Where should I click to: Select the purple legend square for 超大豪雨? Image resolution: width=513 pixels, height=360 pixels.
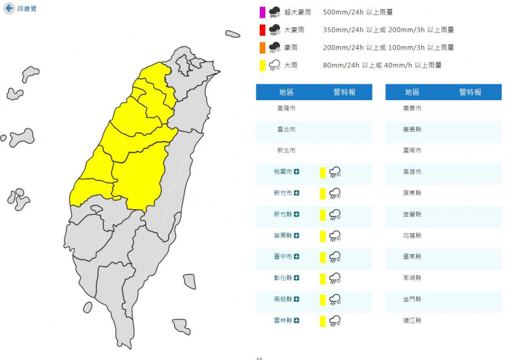pos(262,11)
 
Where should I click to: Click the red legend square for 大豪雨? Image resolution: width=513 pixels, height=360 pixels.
pos(262,29)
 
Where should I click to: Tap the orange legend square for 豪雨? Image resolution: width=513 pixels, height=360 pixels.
pos(262,47)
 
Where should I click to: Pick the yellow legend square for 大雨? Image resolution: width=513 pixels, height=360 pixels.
pos(262,65)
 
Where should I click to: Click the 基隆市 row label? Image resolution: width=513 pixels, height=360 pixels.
pos(286,108)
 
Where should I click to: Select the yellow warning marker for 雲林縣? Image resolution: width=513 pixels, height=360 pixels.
pos(322,321)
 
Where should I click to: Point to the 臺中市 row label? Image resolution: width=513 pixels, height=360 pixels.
pos(286,257)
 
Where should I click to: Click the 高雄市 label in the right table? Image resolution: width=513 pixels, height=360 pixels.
pos(413,172)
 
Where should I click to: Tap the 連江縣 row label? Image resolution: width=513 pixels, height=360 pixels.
pos(413,321)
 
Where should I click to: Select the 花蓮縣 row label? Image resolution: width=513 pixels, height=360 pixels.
pos(413,236)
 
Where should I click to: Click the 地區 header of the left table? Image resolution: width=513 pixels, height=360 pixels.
pos(286,92)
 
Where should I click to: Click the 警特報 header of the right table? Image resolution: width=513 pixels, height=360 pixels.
pos(471,92)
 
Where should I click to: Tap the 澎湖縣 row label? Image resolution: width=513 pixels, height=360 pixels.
pos(413,278)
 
